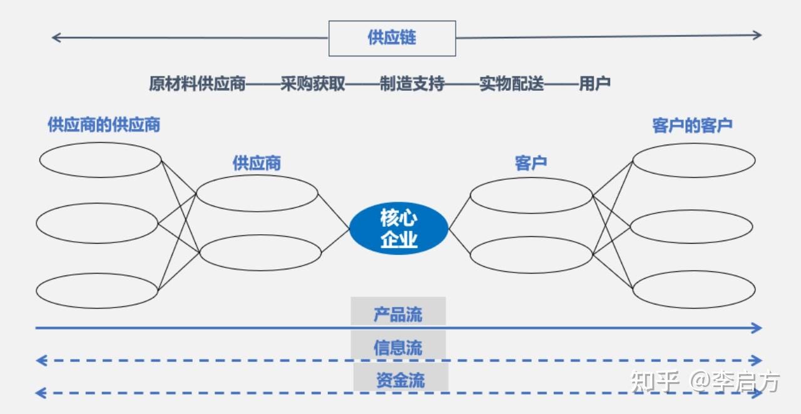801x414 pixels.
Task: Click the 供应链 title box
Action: click(x=392, y=38)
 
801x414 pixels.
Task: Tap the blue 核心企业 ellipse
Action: click(x=399, y=229)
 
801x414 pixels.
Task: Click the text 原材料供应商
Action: click(x=197, y=84)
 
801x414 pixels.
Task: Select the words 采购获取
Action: click(x=313, y=84)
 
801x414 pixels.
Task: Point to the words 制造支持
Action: click(x=412, y=84)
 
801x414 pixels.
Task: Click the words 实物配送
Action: click(x=511, y=84)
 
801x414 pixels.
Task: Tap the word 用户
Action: click(x=594, y=84)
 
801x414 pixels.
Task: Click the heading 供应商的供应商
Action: click(x=104, y=125)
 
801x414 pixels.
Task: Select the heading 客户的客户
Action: click(x=692, y=125)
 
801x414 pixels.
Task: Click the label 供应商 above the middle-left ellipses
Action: click(x=257, y=164)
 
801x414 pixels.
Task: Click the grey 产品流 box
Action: click(x=398, y=313)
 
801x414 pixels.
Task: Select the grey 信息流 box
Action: click(x=398, y=347)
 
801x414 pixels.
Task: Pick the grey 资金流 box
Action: click(x=400, y=380)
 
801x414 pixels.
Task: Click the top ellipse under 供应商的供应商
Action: click(x=100, y=160)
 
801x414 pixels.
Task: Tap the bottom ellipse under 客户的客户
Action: click(x=693, y=289)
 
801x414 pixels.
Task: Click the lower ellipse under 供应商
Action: click(x=260, y=252)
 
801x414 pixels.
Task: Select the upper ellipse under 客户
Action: click(x=531, y=195)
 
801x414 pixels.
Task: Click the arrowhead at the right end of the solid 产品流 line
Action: click(x=757, y=328)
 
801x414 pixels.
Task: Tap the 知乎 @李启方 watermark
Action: click(x=706, y=381)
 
